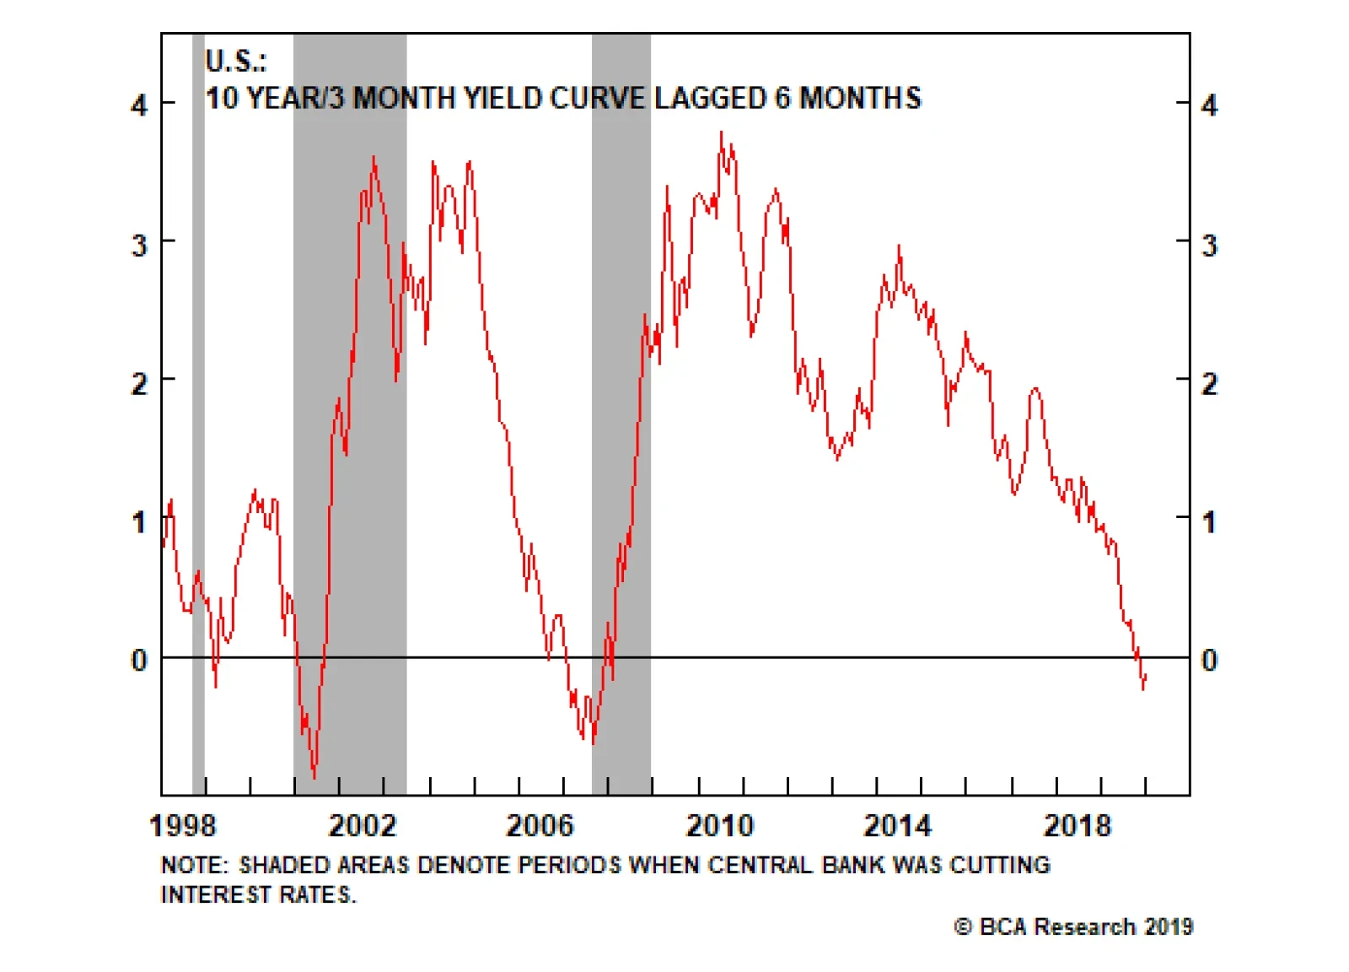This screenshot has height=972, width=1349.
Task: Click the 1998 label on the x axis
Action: [x=182, y=825]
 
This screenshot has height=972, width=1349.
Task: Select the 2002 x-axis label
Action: [x=362, y=825]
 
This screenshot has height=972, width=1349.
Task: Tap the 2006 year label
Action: [x=540, y=825]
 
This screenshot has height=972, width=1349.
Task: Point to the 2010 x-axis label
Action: [x=719, y=825]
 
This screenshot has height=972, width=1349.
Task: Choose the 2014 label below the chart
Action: [x=898, y=825]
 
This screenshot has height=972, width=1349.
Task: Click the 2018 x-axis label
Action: [x=1078, y=825]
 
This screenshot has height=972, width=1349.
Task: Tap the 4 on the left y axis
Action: [x=139, y=105]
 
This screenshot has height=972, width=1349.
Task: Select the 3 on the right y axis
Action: [x=1209, y=246]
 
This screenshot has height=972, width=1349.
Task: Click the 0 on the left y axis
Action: [x=139, y=660]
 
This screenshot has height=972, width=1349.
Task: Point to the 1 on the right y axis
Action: [x=1209, y=522]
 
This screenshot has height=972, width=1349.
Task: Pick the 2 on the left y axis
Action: [x=139, y=384]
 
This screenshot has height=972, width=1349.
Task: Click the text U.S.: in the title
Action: [x=236, y=61]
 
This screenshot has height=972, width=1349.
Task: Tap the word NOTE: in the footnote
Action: [x=194, y=865]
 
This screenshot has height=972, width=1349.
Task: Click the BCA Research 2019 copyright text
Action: [x=1073, y=926]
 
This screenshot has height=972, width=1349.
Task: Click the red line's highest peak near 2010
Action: [x=721, y=132]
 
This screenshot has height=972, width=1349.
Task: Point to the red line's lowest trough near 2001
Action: [x=314, y=776]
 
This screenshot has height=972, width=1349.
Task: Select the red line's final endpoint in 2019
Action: [x=1146, y=675]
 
